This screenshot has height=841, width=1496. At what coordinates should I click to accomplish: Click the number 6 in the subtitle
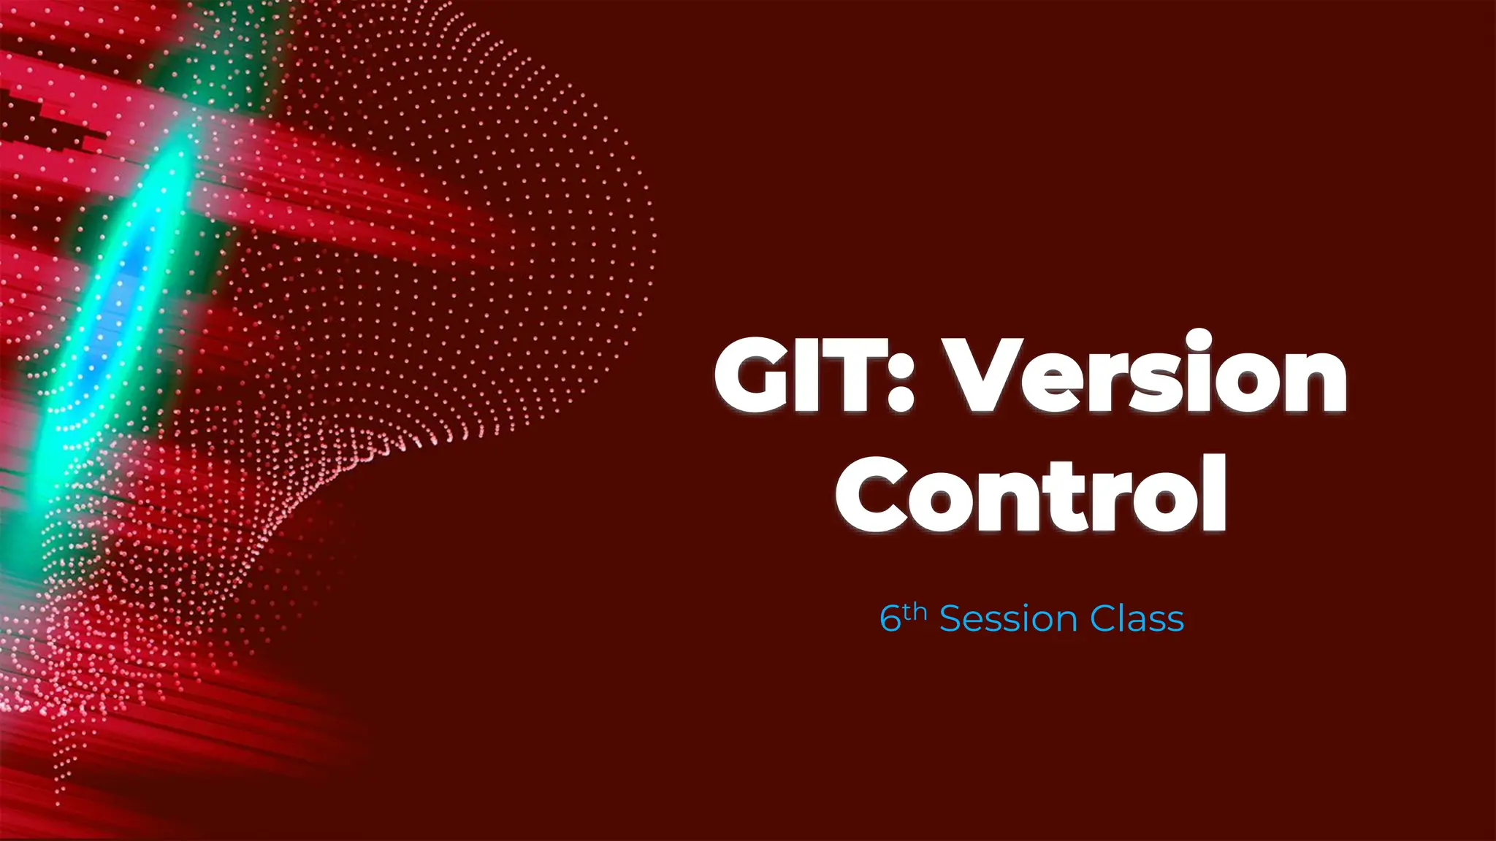click(x=890, y=620)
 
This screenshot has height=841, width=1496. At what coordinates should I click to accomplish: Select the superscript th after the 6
click(x=915, y=611)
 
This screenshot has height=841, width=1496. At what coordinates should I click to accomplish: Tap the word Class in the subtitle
click(x=1137, y=619)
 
